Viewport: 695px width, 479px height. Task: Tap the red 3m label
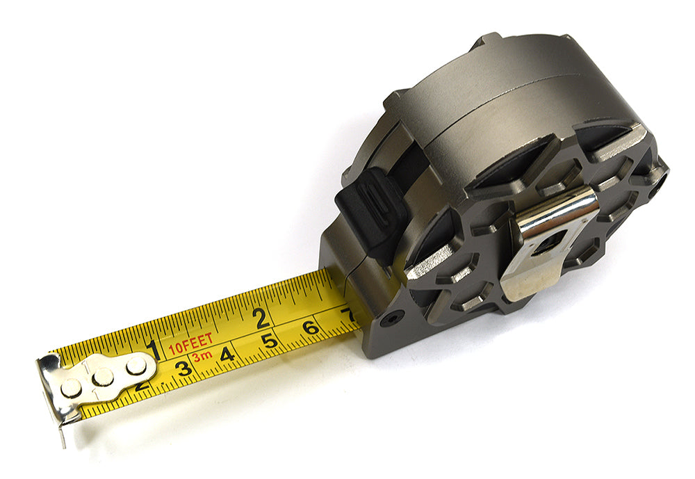point(202,357)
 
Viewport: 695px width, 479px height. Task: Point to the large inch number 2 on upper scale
point(261,318)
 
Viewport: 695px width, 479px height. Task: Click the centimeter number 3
point(183,368)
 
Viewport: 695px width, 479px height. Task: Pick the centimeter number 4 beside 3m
point(226,355)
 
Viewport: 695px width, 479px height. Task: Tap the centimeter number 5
point(269,341)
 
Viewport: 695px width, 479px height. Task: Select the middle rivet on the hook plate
point(103,377)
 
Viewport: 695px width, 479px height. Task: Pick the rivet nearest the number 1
point(136,366)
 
